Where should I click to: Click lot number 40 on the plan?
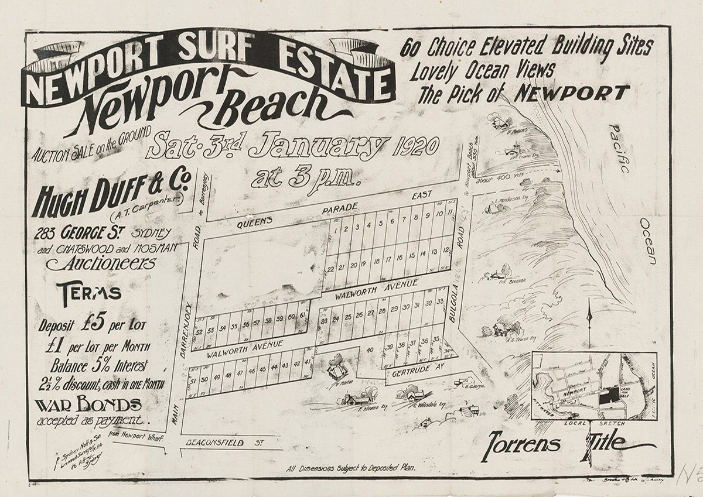click(x=370, y=350)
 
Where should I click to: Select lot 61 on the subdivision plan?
click(x=302, y=316)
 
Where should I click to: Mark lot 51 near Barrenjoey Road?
click(x=194, y=382)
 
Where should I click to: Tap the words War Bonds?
click(x=88, y=405)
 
